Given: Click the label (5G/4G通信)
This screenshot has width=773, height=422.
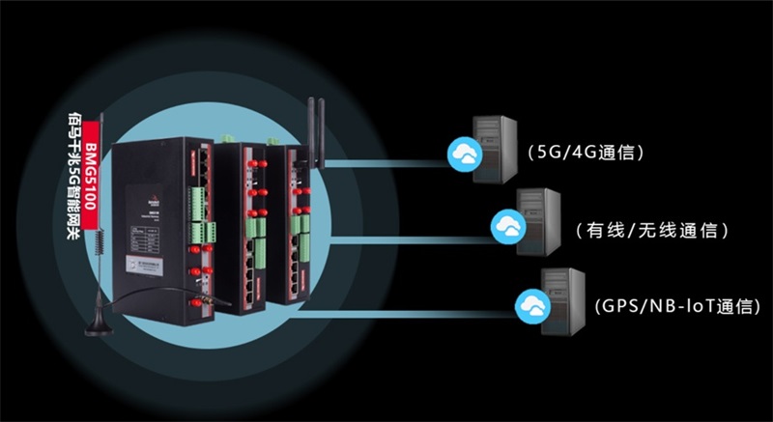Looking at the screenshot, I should click(586, 153).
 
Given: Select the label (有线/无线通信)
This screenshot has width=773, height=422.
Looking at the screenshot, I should click(648, 232).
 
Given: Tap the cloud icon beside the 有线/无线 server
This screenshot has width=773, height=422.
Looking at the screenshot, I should click(508, 226).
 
